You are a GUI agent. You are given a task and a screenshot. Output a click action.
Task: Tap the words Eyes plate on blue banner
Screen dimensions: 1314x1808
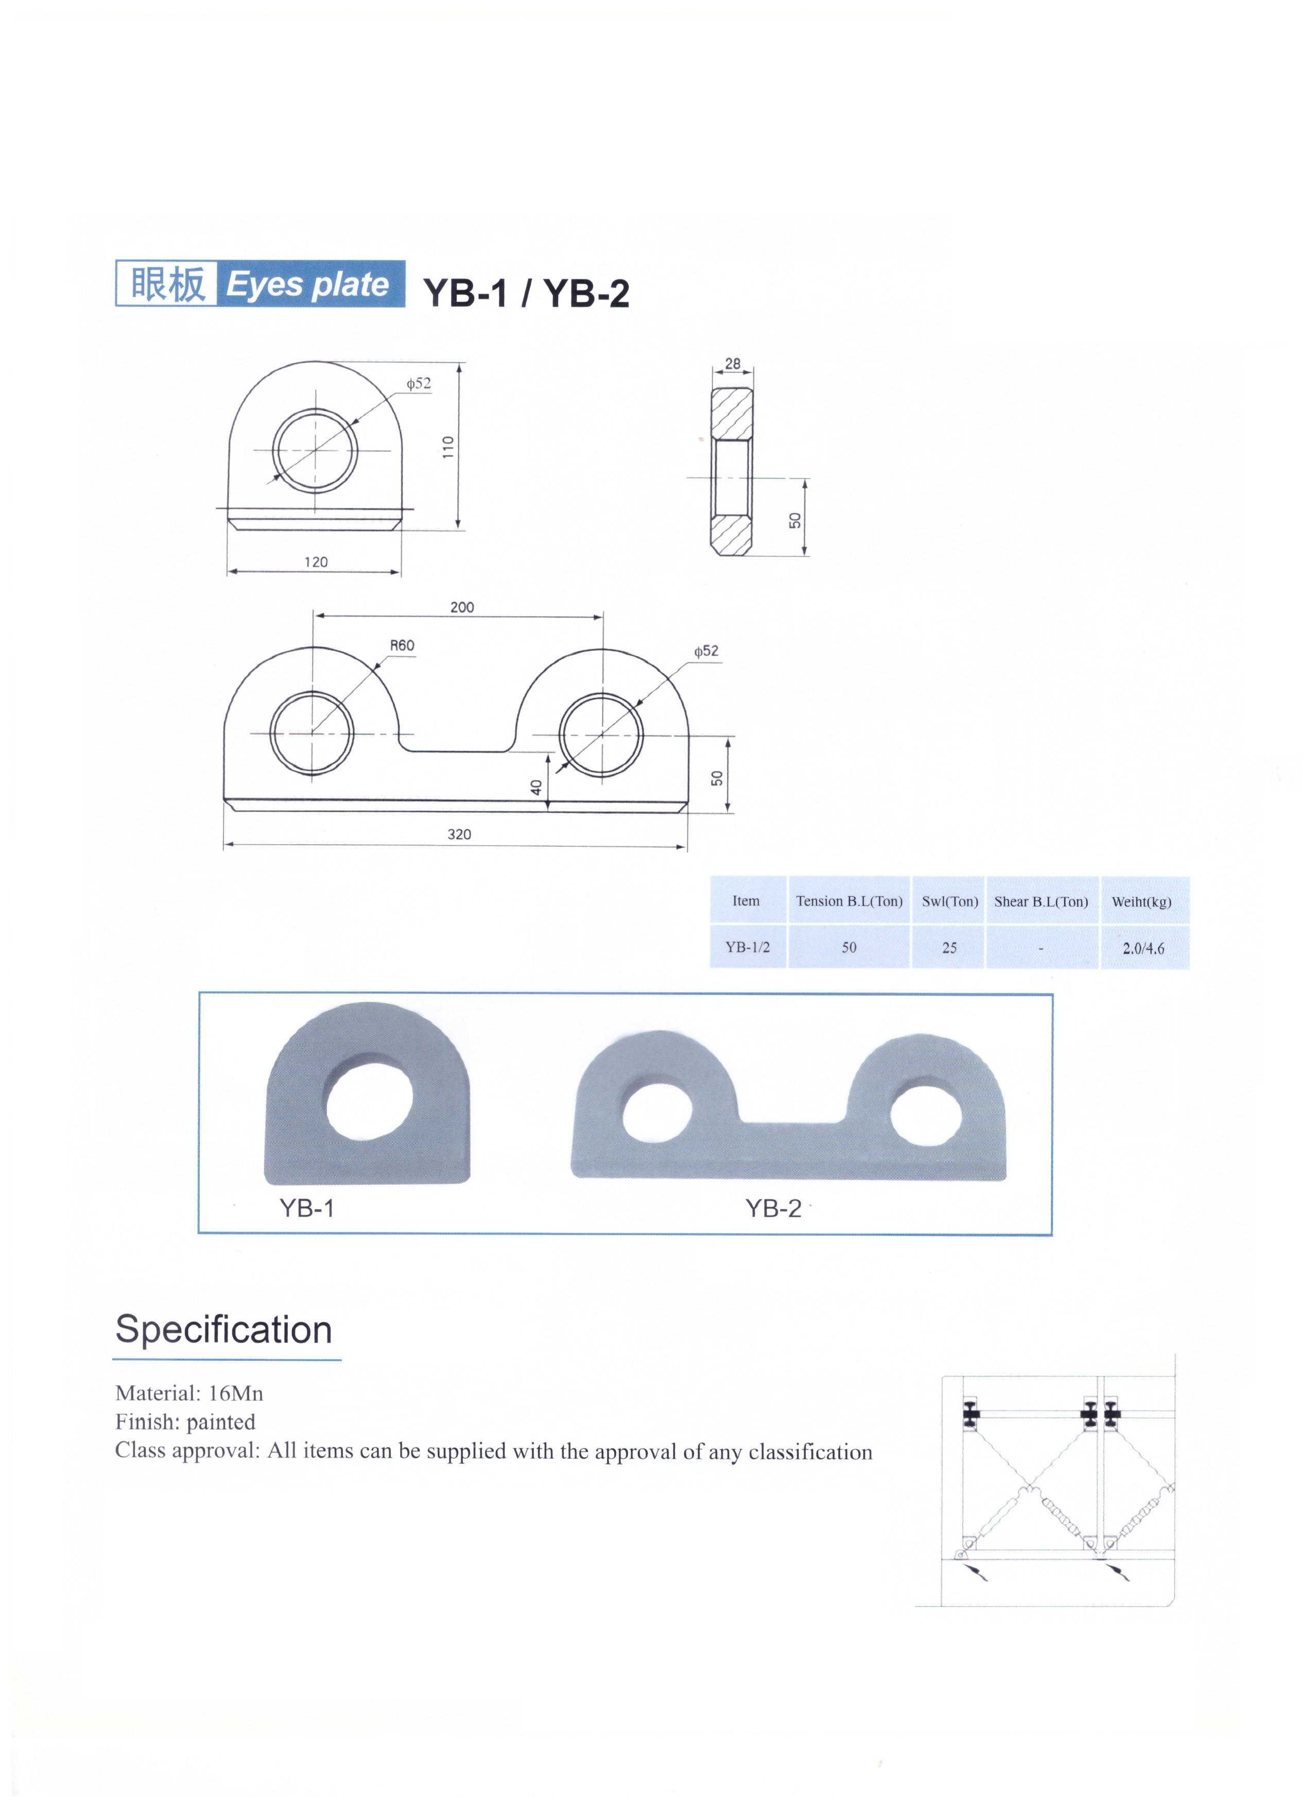tap(307, 284)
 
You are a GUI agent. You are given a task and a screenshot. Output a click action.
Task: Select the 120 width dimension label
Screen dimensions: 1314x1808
tap(316, 562)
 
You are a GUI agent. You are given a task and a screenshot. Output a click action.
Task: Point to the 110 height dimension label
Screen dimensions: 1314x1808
tap(448, 447)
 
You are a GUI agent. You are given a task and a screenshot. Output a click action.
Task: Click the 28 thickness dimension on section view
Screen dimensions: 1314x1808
tap(732, 364)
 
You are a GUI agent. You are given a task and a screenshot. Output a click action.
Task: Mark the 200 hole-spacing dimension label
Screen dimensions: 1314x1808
tap(462, 607)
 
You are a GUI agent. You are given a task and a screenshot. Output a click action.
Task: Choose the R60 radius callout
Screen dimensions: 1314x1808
tap(402, 646)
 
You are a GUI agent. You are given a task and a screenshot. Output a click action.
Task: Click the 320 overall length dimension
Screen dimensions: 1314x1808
tap(459, 834)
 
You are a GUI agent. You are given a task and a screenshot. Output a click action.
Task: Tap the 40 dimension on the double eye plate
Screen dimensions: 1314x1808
tap(537, 787)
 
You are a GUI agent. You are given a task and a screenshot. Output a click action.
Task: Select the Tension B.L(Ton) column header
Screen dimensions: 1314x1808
tap(850, 901)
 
